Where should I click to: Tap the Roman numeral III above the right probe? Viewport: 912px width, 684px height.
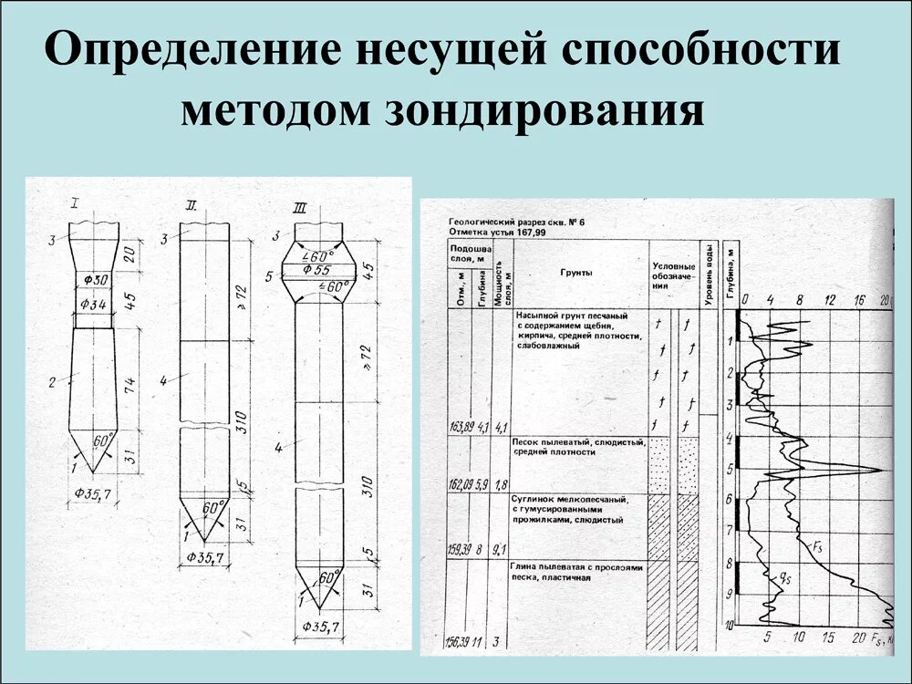[x=300, y=209]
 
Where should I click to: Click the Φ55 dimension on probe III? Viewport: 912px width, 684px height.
[x=317, y=271]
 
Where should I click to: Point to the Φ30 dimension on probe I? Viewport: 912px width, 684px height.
[x=95, y=280]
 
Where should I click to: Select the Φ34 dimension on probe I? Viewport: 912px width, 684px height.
[x=95, y=303]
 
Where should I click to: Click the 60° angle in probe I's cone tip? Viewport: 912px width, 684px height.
[x=103, y=439]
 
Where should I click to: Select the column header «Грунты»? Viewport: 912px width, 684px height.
[x=578, y=272]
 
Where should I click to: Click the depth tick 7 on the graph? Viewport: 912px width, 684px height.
[x=729, y=530]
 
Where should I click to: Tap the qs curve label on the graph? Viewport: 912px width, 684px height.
[x=785, y=577]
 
